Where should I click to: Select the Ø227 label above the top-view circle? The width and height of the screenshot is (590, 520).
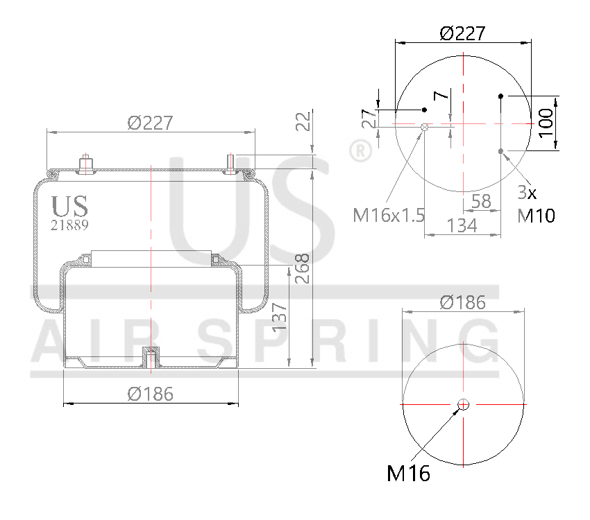pos(462,33)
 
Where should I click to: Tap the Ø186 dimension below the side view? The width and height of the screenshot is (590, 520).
pos(151,394)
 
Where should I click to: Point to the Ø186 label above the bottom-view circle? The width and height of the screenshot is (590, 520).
pos(463,302)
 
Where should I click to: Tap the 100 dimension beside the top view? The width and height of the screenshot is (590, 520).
pos(546,123)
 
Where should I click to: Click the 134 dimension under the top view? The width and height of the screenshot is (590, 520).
pos(462,225)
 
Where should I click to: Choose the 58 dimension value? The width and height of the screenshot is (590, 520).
pos(481,202)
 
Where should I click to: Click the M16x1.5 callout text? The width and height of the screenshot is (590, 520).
pos(389,215)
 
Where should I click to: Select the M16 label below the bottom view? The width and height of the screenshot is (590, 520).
pos(408,474)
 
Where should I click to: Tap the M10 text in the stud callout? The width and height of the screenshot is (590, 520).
pos(537,216)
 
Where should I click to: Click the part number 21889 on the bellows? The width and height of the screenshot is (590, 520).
pos(69,225)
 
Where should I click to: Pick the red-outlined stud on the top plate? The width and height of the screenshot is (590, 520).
pos(231,162)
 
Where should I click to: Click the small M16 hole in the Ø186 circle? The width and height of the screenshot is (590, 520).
pos(464,405)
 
